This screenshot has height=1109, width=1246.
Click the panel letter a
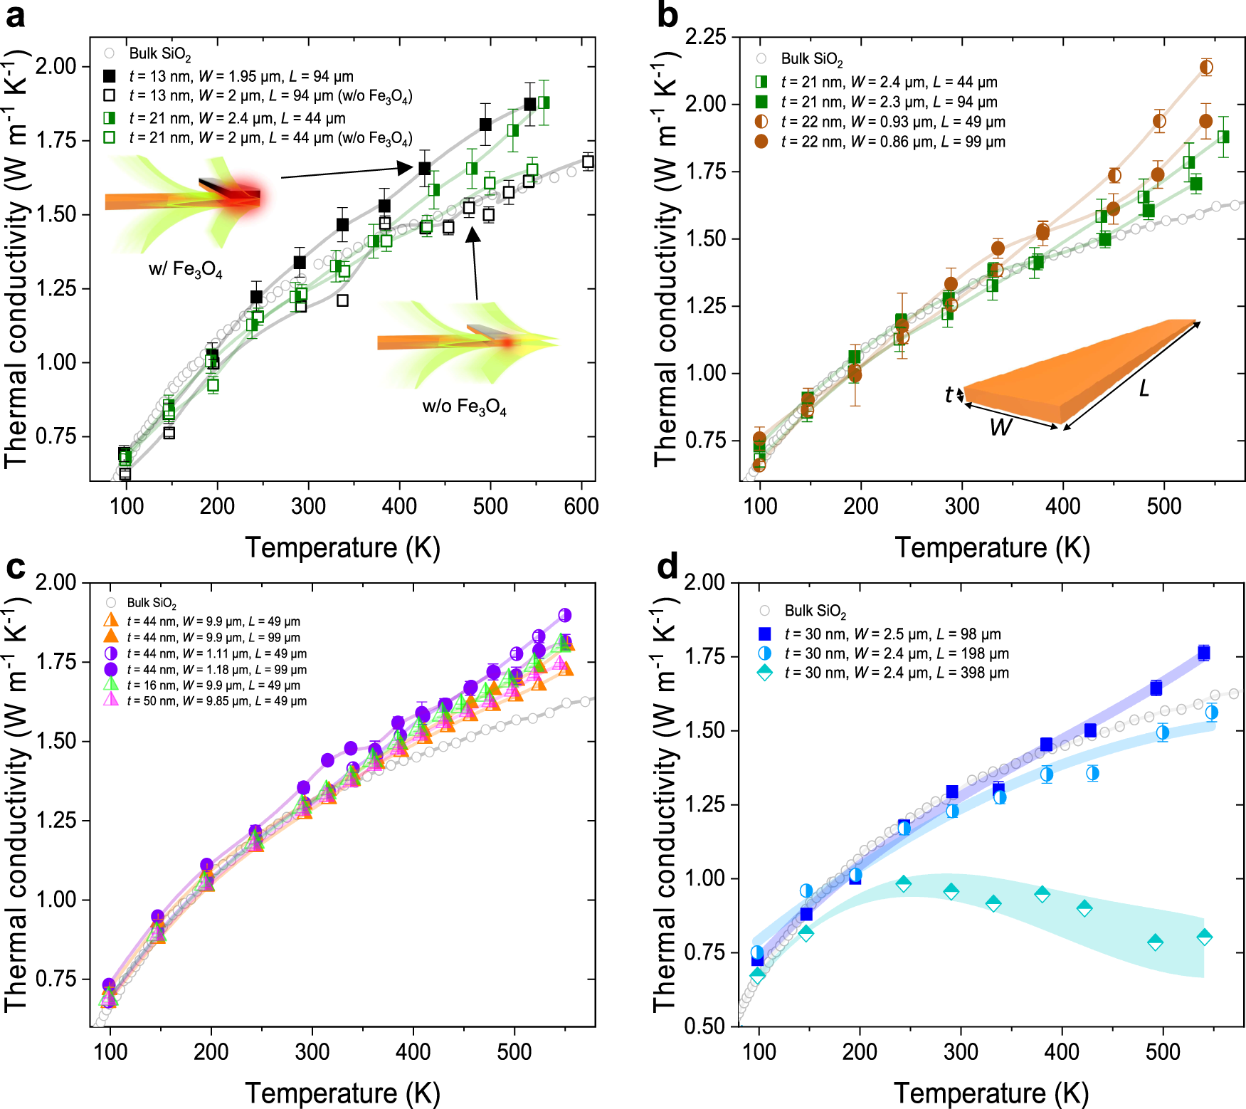(x=16, y=16)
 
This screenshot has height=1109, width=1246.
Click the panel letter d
(x=667, y=567)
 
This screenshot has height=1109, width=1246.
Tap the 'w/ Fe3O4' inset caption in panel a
(x=185, y=270)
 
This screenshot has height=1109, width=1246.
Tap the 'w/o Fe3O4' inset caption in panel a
(x=464, y=406)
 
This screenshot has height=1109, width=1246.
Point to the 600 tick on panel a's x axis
(x=581, y=506)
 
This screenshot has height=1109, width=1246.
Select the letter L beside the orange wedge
(x=1144, y=389)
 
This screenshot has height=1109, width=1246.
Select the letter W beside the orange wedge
(x=1001, y=427)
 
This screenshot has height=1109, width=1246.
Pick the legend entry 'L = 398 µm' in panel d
(x=896, y=673)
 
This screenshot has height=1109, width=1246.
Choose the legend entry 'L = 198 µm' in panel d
(x=896, y=653)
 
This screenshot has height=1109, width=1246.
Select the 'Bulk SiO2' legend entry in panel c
(x=151, y=604)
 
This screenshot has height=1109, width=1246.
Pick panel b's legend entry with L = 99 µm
(x=892, y=142)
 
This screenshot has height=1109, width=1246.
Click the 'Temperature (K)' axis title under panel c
(x=342, y=1093)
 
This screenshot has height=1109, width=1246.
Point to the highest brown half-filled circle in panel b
(x=1206, y=67)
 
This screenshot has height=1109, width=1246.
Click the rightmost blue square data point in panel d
(x=1203, y=653)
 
